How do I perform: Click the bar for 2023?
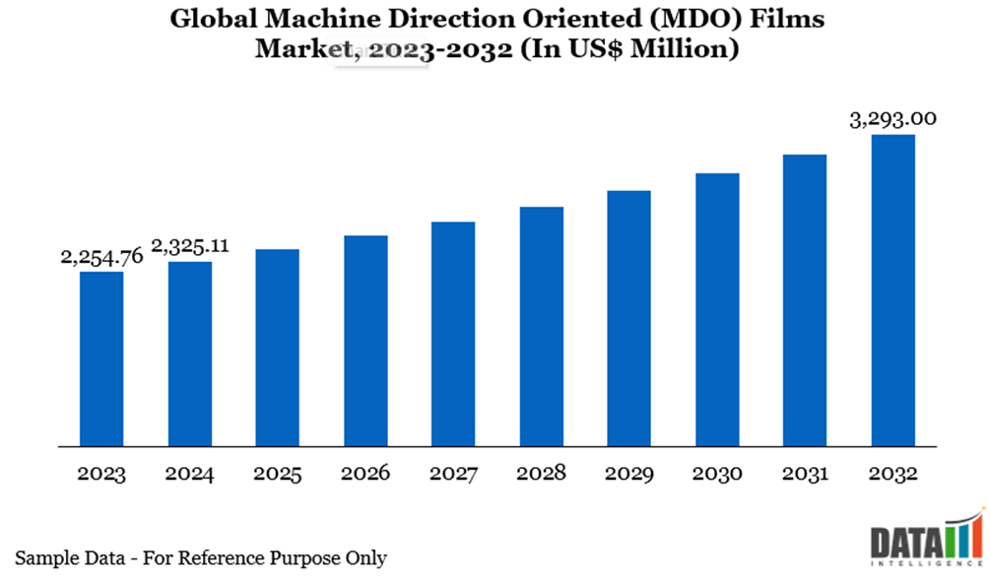101,359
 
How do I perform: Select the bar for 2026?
365,341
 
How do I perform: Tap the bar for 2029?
628,318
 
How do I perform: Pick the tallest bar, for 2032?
892,290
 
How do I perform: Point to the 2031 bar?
805,300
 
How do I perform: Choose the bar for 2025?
277,348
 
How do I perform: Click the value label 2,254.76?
101,257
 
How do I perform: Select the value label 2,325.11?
189,246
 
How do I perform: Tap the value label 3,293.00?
892,119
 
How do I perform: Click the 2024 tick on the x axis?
189,474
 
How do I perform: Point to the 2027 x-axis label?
453,474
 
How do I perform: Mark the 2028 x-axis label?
541,474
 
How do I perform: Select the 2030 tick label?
716,474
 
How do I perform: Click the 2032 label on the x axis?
892,474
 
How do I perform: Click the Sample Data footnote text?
201,558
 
